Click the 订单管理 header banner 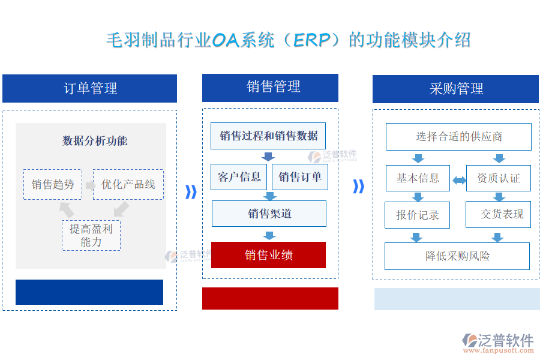89,89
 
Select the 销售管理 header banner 270,88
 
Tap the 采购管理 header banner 456,89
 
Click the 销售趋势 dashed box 53,184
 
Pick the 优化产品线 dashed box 128,184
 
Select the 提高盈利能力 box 91,235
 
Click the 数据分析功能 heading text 95,141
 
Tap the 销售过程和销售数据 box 268,136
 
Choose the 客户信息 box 239,177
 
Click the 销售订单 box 300,177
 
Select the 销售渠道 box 269,214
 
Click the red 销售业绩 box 268,255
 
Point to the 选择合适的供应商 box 458,137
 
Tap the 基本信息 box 418,178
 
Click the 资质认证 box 498,178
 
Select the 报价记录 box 417,215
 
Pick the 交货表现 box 499,214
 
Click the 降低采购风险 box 457,256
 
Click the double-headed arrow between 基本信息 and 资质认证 458,180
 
